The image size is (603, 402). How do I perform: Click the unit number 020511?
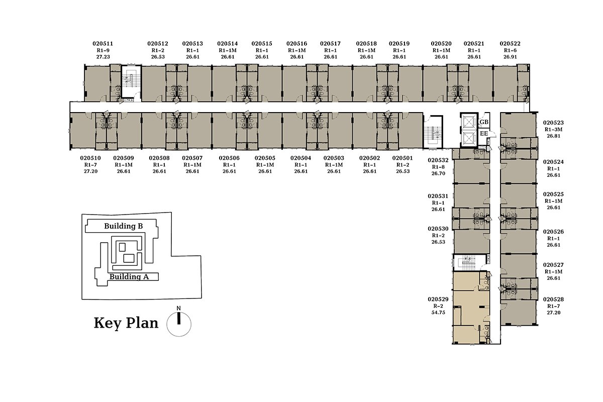point(103,44)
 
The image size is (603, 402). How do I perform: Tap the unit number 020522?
point(510,44)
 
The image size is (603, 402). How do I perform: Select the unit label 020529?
point(438,299)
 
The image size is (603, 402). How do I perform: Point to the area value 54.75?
point(438,313)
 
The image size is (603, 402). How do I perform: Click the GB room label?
point(484,122)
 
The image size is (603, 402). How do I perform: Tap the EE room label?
point(484,133)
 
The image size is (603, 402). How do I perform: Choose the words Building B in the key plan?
point(123,226)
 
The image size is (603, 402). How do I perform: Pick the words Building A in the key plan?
point(129,276)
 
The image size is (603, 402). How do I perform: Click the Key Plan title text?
point(126,323)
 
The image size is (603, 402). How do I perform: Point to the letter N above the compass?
point(178,309)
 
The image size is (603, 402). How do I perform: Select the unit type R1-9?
point(103,50)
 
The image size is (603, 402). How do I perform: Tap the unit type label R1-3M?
point(553,130)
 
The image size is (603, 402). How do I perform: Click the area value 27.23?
point(103,57)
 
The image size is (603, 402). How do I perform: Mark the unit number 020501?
point(403,158)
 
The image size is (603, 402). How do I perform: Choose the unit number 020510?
point(90,158)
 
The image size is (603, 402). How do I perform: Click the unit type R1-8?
point(438,167)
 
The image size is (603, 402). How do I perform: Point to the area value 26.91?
point(510,57)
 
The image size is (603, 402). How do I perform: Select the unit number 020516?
point(296,44)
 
